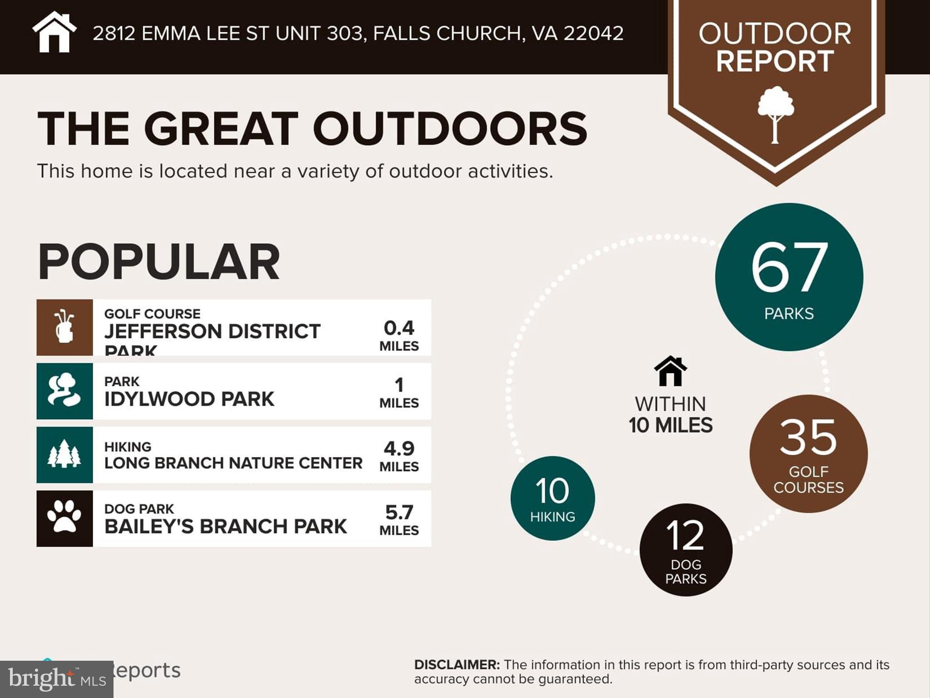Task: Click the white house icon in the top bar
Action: tap(54, 33)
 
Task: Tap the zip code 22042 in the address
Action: tap(594, 34)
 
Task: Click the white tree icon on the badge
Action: tap(776, 115)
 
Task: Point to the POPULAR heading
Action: tap(158, 262)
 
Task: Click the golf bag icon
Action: tap(64, 327)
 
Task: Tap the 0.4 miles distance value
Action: tap(399, 329)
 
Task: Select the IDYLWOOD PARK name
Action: tap(189, 399)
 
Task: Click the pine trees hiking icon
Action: tap(64, 454)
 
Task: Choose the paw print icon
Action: tap(64, 518)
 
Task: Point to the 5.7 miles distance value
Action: tap(399, 513)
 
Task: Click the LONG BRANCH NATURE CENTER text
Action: tap(233, 463)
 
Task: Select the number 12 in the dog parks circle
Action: tap(685, 535)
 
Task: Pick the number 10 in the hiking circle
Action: tap(552, 491)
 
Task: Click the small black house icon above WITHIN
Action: tap(670, 371)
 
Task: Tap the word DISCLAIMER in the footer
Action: tap(456, 665)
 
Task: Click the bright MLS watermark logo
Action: tap(56, 679)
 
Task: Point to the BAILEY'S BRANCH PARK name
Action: tap(225, 527)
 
